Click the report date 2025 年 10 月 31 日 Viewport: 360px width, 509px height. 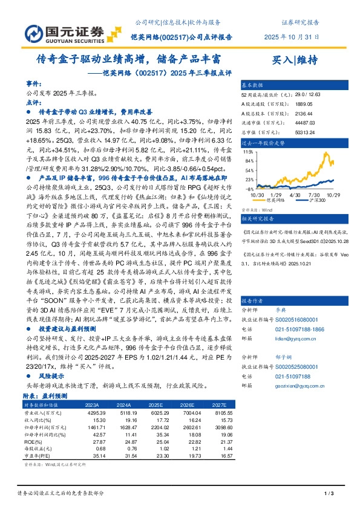tap(291, 36)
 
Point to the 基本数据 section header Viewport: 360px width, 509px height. tap(253, 85)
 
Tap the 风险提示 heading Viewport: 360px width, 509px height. tap(50, 375)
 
